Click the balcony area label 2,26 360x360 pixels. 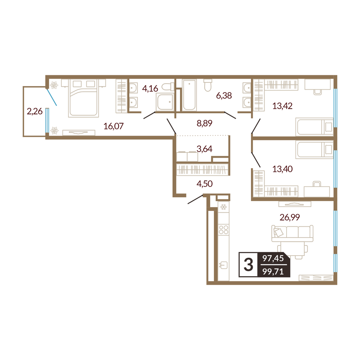pyautogui.click(x=35, y=111)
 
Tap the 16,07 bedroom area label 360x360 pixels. pyautogui.click(x=113, y=126)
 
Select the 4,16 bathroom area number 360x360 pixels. pyautogui.click(x=150, y=89)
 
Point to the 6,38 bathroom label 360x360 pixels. pyautogui.click(x=224, y=95)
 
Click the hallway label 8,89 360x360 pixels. pyautogui.click(x=204, y=123)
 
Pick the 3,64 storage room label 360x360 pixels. pyautogui.click(x=204, y=149)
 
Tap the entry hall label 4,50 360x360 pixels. pyautogui.click(x=204, y=184)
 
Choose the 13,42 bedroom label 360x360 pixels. pyautogui.click(x=282, y=106)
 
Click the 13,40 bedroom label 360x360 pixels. pyautogui.click(x=282, y=169)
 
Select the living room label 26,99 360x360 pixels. pyautogui.click(x=289, y=217)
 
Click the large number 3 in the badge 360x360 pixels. pyautogui.click(x=248, y=265)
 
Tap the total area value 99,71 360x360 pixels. pyautogui.click(x=273, y=271)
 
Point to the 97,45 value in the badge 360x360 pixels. pyautogui.click(x=273, y=258)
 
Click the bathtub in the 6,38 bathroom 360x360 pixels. pyautogui.click(x=189, y=95)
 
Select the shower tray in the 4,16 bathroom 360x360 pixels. pyautogui.click(x=165, y=102)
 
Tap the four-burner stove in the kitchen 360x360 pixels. pyautogui.click(x=224, y=230)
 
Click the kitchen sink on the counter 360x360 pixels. pyautogui.click(x=223, y=265)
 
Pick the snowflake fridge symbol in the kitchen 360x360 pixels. pyautogui.click(x=224, y=207)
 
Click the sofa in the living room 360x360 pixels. pyautogui.click(x=292, y=233)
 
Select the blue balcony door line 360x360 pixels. pyautogui.click(x=52, y=97)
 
